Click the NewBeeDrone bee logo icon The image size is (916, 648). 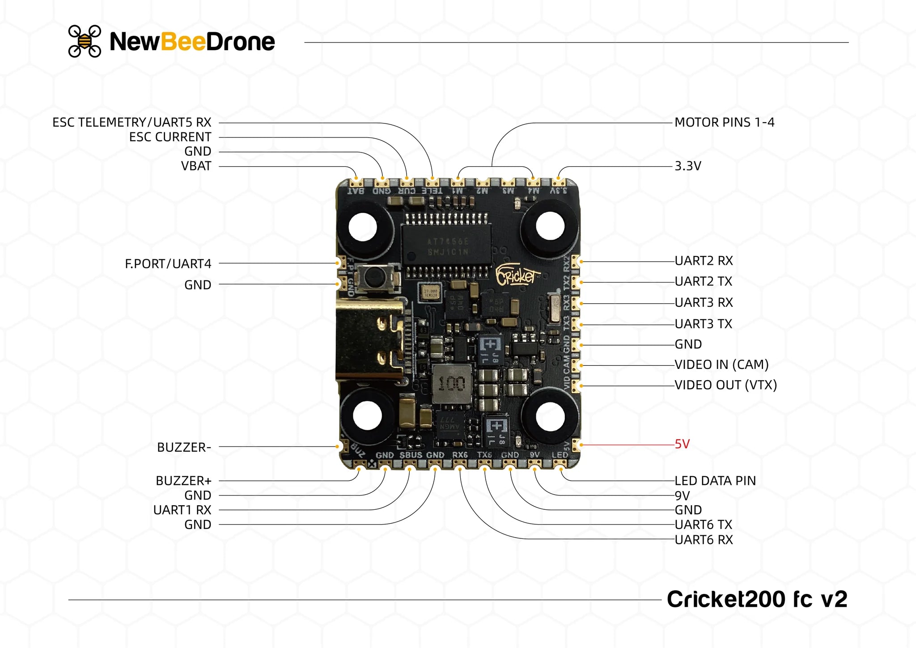pos(85,41)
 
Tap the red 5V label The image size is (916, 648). pos(682,444)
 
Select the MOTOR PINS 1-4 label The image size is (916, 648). pos(724,123)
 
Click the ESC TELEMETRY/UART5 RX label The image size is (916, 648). pos(131,123)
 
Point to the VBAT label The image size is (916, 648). pos(196,166)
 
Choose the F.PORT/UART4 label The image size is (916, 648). pos(168,264)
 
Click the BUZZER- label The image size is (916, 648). pos(184,447)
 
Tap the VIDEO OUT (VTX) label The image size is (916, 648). pos(725,385)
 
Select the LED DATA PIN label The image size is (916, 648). pos(715,481)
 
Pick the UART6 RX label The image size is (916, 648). pos(704,540)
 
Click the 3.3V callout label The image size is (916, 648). pos(687,166)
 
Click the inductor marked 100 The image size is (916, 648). pos(452,384)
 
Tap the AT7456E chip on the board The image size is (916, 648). pos(447,246)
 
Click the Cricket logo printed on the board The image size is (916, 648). pos(517,276)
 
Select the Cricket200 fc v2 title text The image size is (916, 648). pos(757,599)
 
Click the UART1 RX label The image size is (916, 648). pos(182,510)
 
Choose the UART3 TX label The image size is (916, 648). pos(703,324)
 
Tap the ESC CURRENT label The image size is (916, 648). pos(170,137)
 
